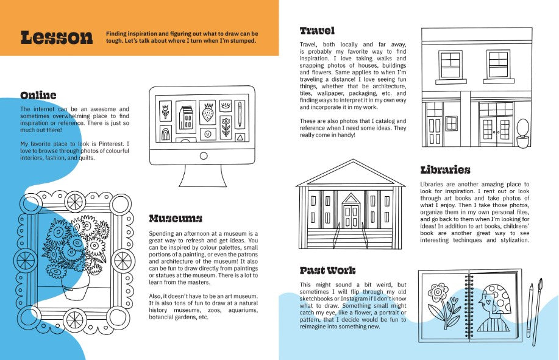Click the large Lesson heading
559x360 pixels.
[x=57, y=38]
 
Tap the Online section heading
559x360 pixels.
[x=38, y=96]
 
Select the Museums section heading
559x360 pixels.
[x=176, y=218]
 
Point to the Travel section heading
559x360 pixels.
[x=317, y=31]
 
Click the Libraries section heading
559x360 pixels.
[x=445, y=170]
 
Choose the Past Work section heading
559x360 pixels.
[x=327, y=270]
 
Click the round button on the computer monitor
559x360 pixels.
[x=204, y=155]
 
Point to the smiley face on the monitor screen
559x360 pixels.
[x=208, y=134]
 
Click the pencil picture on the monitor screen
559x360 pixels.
[x=240, y=115]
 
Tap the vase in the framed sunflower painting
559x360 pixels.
[x=75, y=287]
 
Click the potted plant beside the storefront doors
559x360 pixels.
[x=522, y=133]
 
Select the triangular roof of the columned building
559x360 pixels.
[x=351, y=173]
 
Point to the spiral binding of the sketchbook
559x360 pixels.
[x=468, y=306]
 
